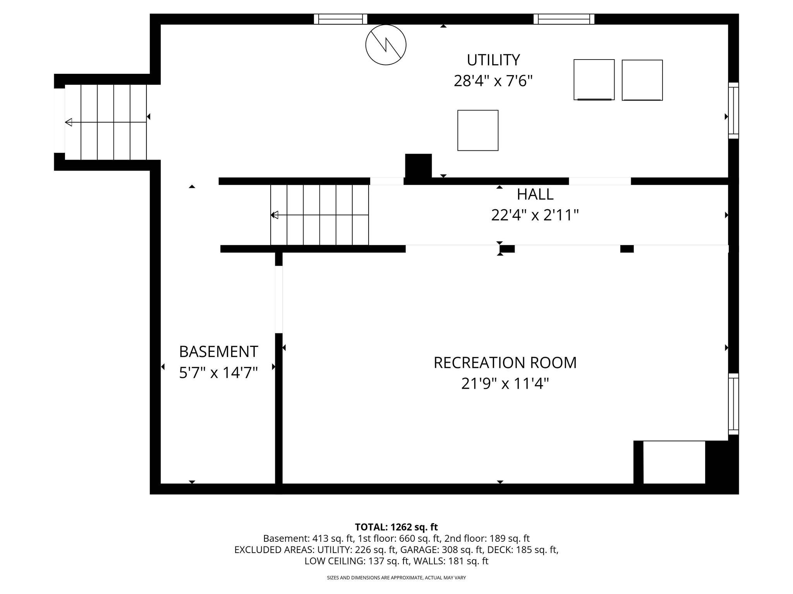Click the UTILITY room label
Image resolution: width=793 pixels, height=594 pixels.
pos(493,60)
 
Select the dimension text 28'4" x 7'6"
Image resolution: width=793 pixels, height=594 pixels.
pos(493,81)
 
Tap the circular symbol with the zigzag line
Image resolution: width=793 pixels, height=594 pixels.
pos(386,45)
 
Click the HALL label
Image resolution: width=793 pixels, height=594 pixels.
pos(535,194)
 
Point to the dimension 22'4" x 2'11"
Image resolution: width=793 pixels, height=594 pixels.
pos(535,215)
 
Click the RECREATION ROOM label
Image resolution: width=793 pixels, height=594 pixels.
pos(505,363)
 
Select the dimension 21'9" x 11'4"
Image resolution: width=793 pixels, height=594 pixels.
pos(505,384)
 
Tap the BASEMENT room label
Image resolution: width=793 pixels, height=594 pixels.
pos(218,352)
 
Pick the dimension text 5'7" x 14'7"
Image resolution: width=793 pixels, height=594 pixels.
pos(218,373)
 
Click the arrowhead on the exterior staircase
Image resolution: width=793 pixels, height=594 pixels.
pos(69,123)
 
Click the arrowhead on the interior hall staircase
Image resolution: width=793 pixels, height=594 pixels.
pos(275,215)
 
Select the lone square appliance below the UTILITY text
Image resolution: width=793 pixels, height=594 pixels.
pos(478,130)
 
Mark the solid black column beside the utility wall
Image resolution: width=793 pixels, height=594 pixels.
pos(418,166)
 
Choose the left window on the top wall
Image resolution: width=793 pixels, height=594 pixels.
pos(340,19)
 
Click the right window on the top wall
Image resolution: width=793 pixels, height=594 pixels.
pos(564,19)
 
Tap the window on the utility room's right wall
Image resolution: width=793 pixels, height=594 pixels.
pos(733,111)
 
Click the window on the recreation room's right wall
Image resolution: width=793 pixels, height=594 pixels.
pos(733,404)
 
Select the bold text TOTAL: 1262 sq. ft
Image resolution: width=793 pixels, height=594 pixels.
pos(396,527)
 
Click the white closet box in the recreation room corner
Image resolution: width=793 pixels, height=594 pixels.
pos(674,462)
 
